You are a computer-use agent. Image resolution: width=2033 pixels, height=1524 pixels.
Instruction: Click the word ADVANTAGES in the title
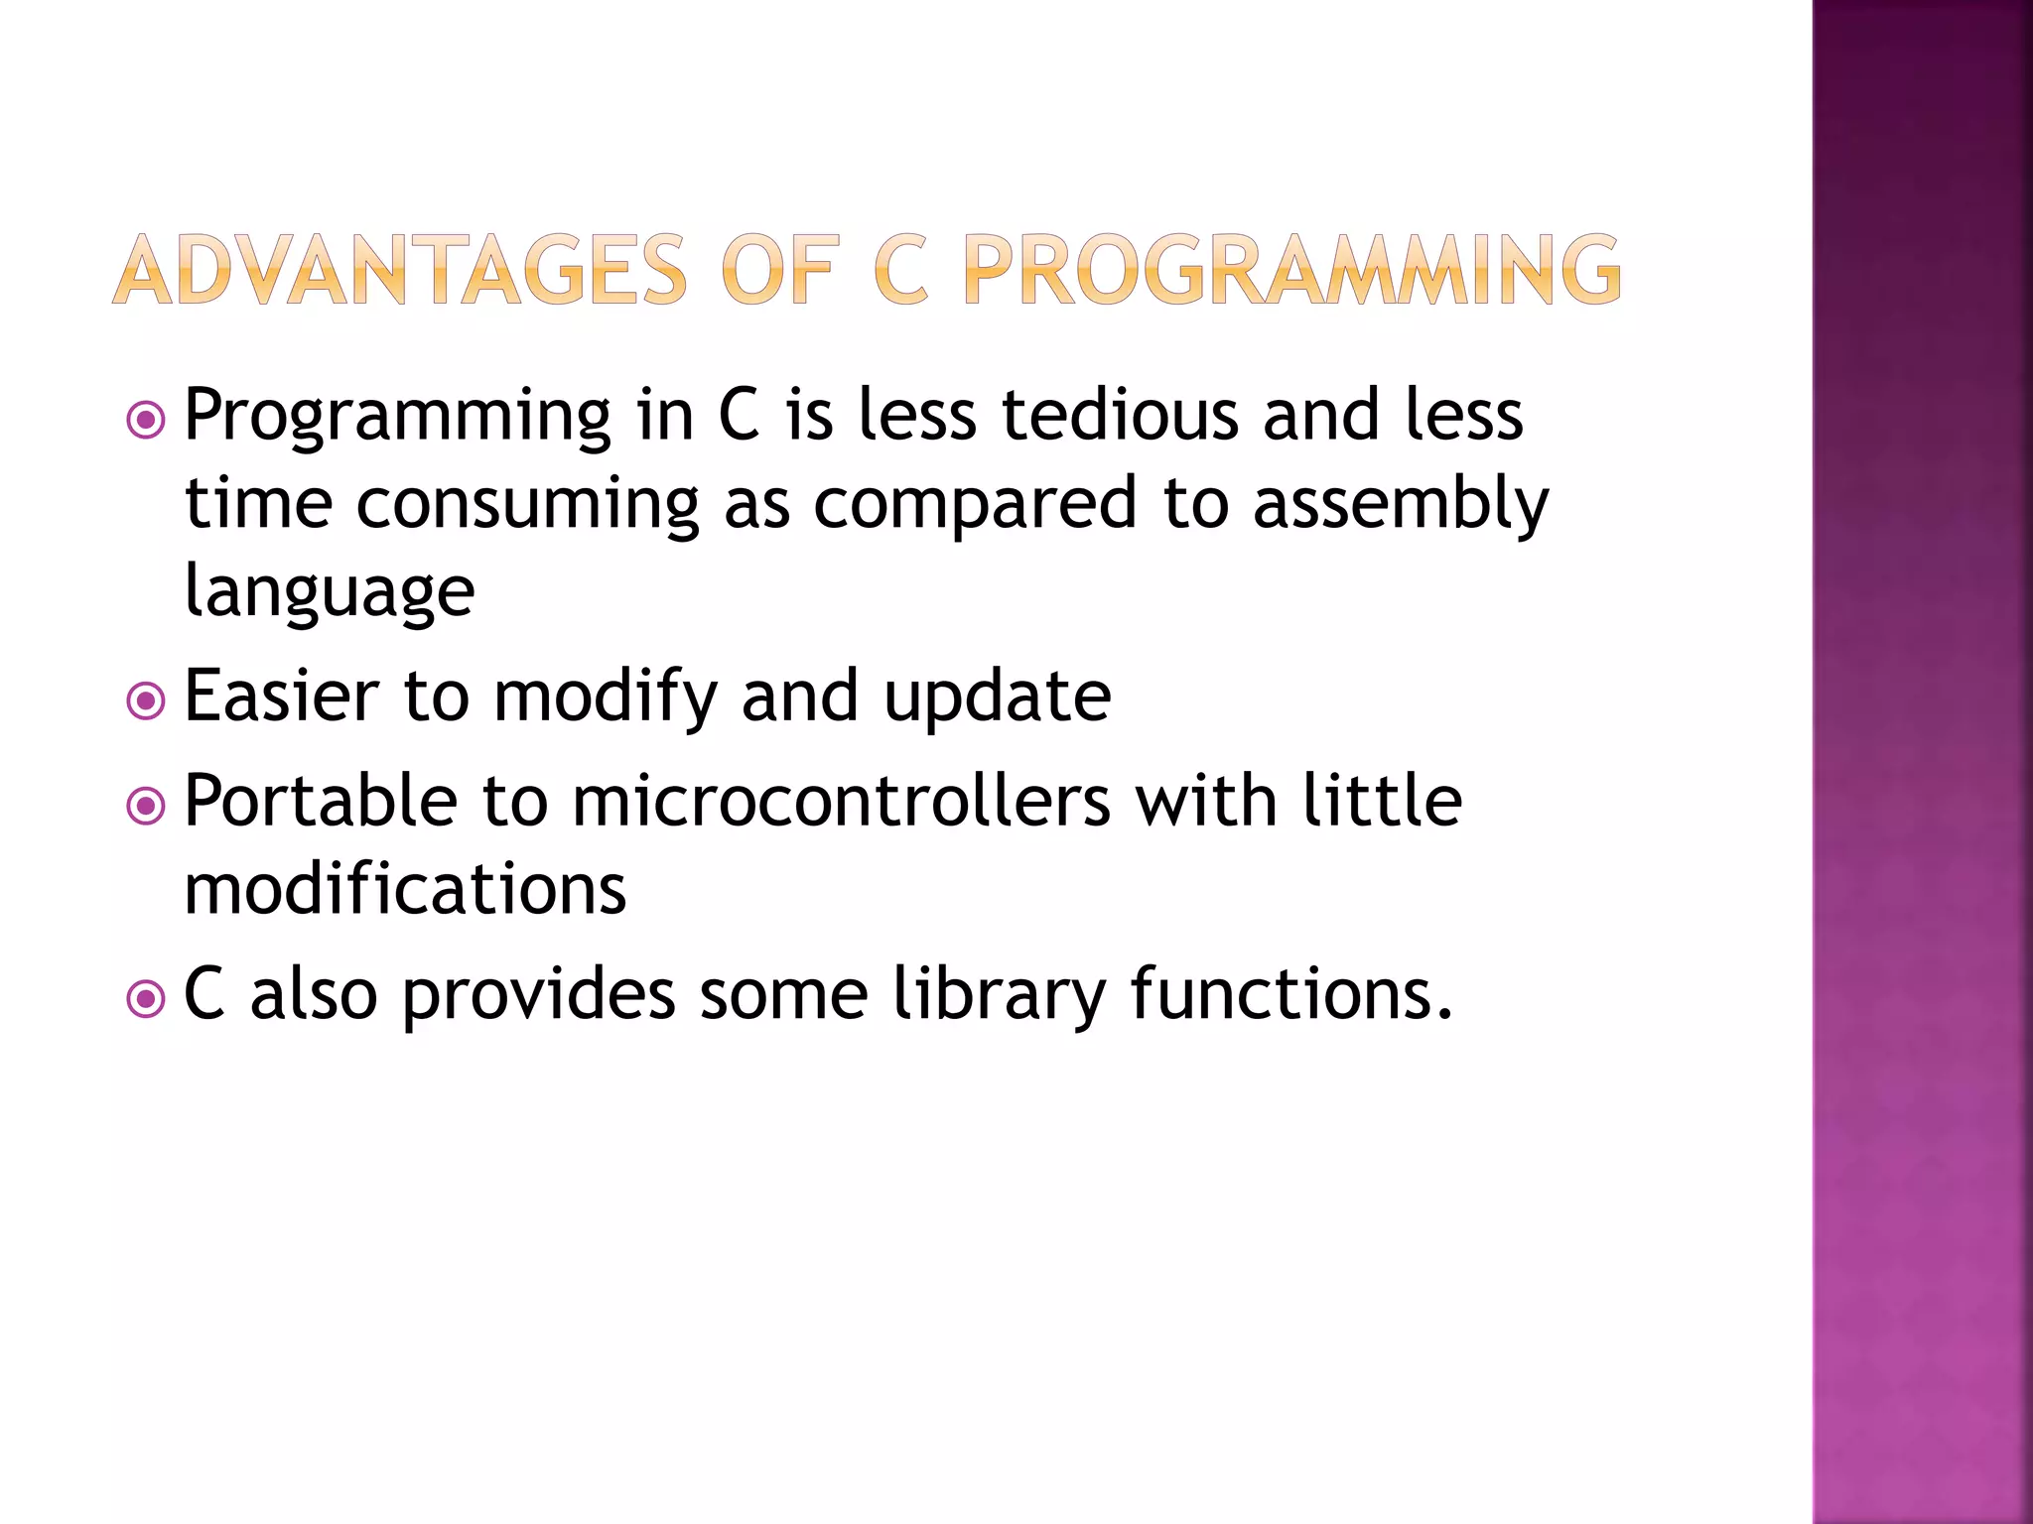[399, 270]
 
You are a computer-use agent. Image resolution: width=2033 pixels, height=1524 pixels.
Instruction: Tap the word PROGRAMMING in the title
[1291, 270]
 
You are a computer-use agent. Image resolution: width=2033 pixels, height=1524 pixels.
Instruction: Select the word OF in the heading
[780, 270]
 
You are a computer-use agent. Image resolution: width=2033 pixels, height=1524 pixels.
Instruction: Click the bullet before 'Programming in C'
[147, 421]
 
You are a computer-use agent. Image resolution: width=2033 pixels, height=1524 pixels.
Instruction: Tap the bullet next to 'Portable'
[147, 806]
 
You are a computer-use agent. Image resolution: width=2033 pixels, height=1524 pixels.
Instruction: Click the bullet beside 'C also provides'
[147, 999]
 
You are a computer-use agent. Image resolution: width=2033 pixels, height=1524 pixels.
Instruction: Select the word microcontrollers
[841, 802]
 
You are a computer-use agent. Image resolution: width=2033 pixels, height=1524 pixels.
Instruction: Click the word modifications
[405, 889]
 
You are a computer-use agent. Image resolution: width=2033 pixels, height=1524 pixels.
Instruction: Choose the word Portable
[321, 802]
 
